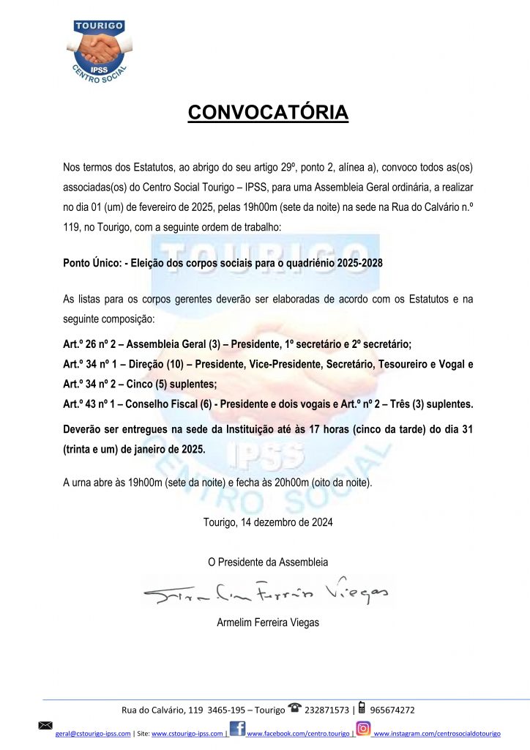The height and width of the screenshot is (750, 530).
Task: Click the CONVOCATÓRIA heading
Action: click(x=267, y=113)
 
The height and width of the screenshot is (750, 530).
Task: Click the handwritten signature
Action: click(x=267, y=594)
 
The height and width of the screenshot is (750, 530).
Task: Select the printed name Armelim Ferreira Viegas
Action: click(x=268, y=623)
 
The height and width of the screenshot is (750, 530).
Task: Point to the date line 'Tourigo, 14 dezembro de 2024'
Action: click(x=268, y=523)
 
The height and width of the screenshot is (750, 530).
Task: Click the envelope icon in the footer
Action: click(x=45, y=725)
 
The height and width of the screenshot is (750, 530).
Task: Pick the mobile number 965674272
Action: click(x=393, y=710)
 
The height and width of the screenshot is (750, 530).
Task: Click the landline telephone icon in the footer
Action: click(x=295, y=708)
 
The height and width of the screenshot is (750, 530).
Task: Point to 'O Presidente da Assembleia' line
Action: click(x=268, y=562)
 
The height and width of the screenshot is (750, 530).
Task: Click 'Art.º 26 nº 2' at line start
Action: click(x=90, y=344)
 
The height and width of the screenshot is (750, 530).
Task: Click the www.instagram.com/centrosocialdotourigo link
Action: click(x=437, y=733)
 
